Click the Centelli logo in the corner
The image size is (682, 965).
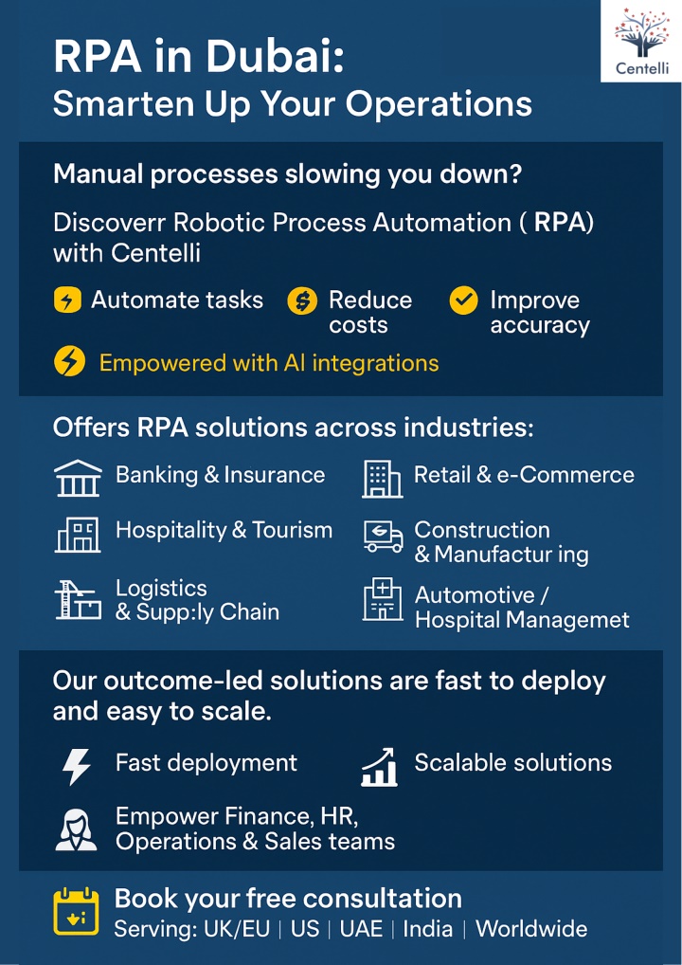coord(641,41)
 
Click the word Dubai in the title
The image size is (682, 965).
coord(275,57)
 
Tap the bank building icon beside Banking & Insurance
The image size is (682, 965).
coord(78,478)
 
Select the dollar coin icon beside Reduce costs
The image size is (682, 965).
coord(302,301)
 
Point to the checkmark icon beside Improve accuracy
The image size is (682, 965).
coord(464,300)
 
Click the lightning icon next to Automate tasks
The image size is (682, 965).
coord(67,300)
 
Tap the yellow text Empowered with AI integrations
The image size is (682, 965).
coord(269,363)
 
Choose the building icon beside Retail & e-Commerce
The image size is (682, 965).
coord(382,479)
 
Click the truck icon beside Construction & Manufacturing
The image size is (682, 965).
coord(383,536)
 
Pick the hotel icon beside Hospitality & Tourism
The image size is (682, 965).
coord(78,535)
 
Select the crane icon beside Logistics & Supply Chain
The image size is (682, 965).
coord(78,599)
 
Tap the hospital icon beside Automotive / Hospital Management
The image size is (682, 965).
coord(383,599)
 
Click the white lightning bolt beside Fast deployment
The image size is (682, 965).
coord(77,766)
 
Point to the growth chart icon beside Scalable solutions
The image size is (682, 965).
coord(379,767)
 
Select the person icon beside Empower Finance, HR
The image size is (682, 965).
coord(77,829)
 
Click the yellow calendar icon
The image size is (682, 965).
coord(77,912)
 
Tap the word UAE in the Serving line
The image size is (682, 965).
coord(361,929)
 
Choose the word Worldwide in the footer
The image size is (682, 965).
coord(531,929)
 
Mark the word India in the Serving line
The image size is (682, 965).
coord(428,929)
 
